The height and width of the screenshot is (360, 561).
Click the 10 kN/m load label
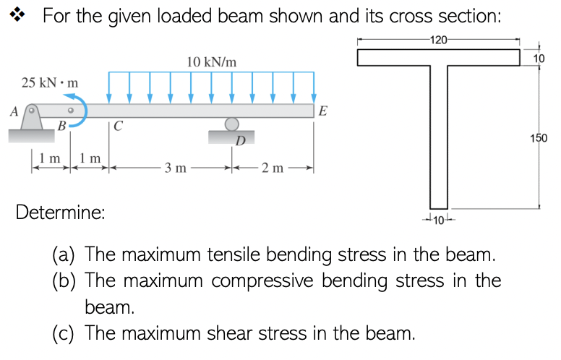(211, 63)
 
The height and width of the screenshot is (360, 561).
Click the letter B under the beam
(62, 127)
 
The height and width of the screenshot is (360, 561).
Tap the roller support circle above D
(231, 124)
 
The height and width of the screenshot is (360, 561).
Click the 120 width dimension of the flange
(439, 40)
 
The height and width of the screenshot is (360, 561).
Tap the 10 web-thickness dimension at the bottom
(438, 219)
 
